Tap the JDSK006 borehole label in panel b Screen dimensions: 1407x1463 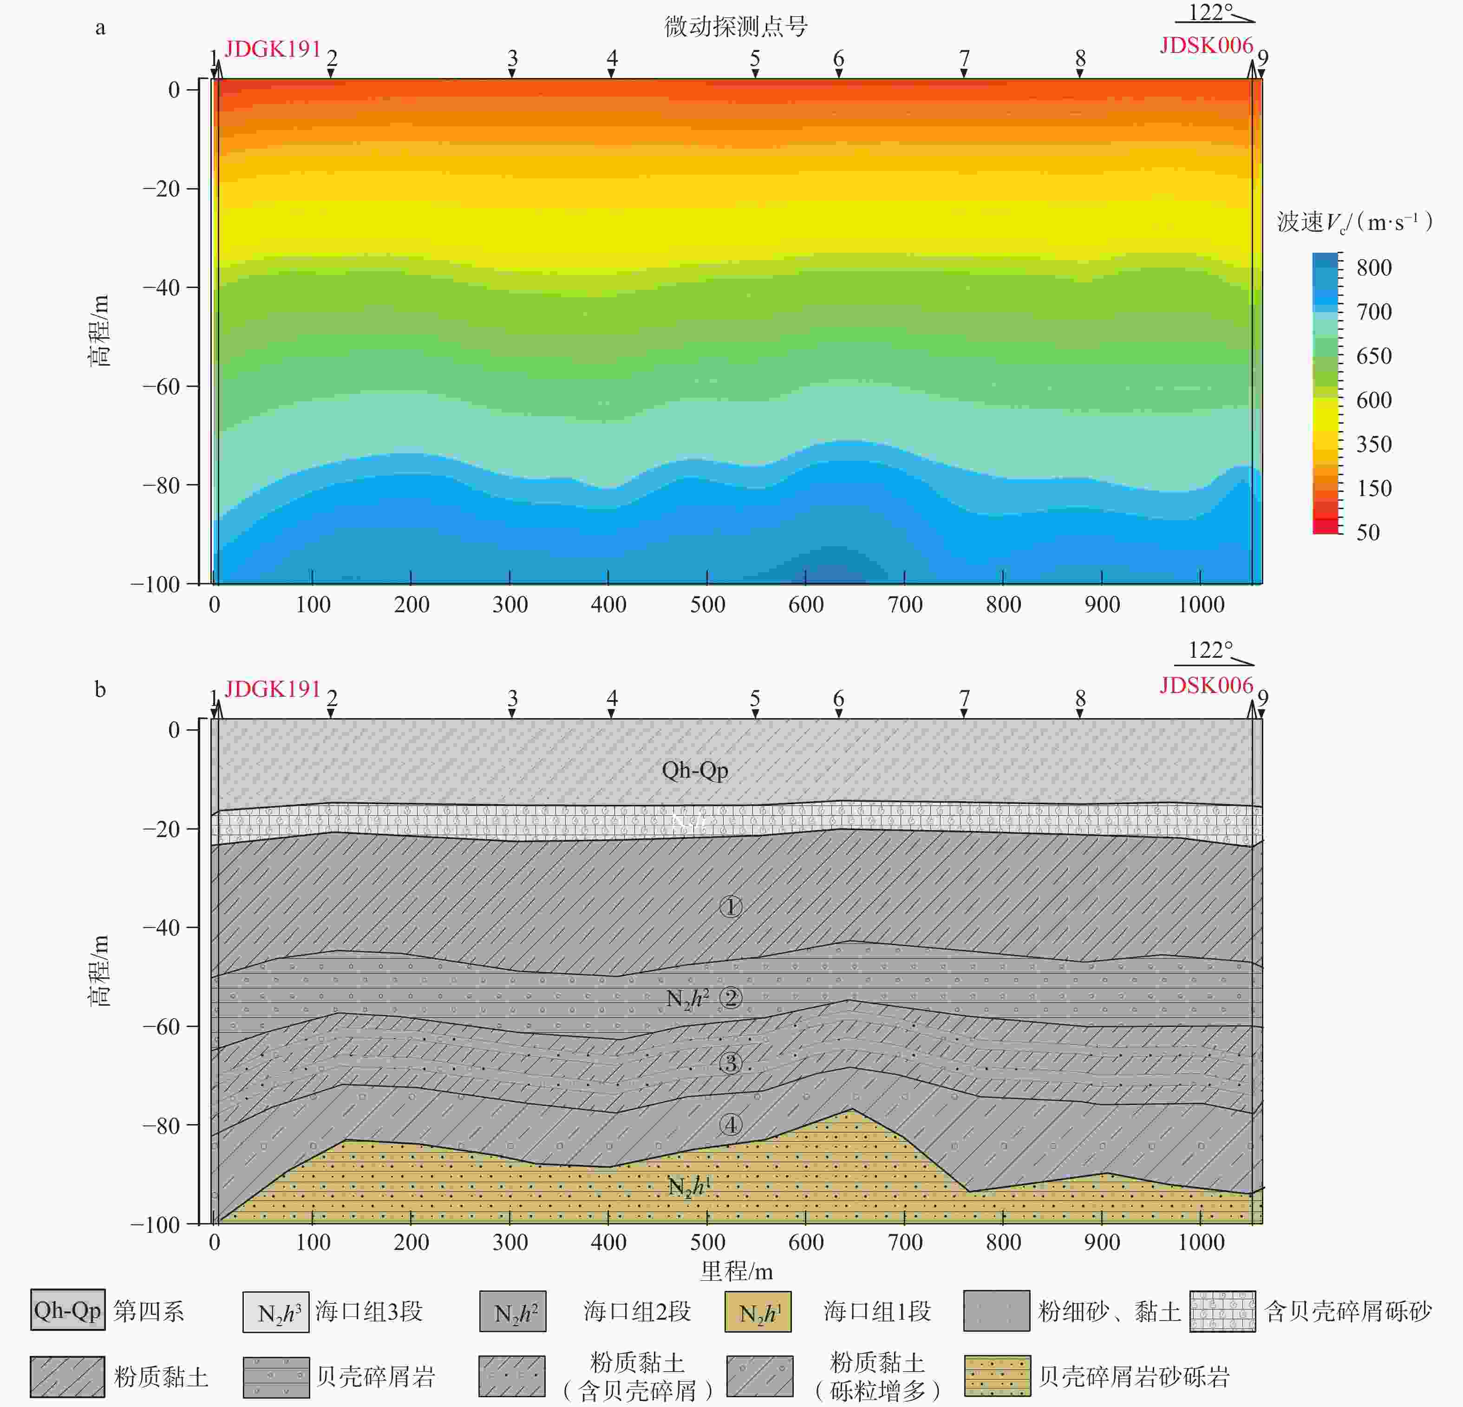click(1206, 685)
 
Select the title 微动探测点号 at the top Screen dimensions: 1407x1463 click(736, 27)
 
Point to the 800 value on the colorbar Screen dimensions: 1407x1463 click(1373, 267)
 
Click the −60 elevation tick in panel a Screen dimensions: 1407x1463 click(164, 386)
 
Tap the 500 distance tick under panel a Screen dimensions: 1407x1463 click(707, 605)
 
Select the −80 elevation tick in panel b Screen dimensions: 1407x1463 click(164, 1125)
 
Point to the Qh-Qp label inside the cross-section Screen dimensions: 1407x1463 click(694, 770)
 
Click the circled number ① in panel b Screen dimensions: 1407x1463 click(730, 907)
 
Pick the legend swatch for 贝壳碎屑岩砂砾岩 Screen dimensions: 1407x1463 click(997, 1376)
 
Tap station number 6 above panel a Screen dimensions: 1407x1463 click(838, 58)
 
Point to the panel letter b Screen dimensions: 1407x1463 click(100, 689)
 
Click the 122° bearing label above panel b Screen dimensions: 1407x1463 click(1210, 650)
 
